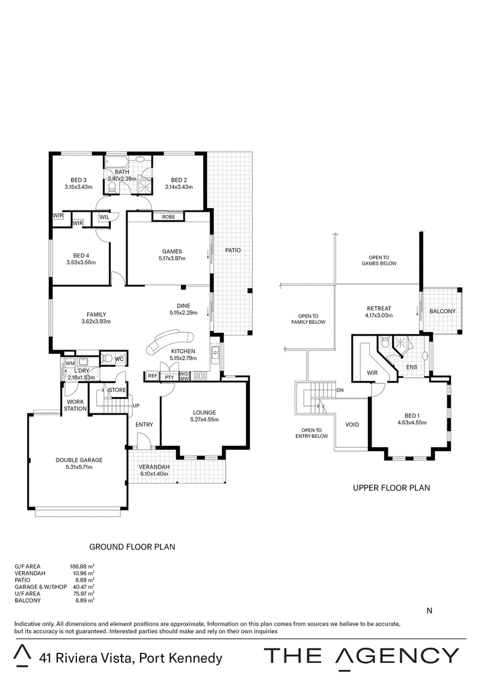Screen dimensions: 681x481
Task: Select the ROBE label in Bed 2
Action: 168,216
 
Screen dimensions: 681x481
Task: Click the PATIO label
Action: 233,250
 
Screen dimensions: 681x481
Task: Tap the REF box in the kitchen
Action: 152,376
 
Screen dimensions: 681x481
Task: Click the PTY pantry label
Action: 170,377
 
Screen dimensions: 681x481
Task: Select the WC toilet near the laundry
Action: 108,359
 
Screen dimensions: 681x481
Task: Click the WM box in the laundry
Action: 70,363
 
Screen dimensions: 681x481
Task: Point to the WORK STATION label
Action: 76,405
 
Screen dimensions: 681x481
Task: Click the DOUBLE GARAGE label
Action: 79,460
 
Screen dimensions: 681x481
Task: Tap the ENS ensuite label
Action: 412,366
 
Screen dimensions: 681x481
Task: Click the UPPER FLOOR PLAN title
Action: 391,488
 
